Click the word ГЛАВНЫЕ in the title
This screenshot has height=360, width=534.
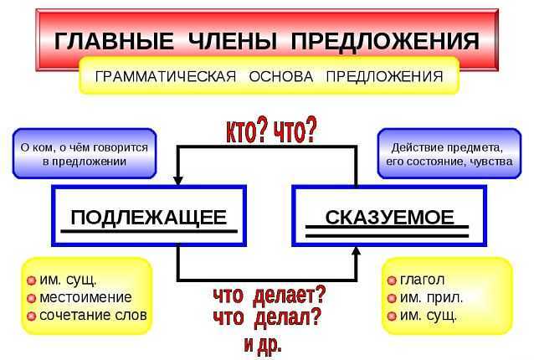coord(114,42)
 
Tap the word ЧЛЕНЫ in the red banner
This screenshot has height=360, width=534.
coord(232,42)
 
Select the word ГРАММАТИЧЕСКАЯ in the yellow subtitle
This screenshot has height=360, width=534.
coord(166,76)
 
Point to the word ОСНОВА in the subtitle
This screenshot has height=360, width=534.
coord(281,76)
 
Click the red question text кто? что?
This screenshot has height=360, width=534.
coord(271,131)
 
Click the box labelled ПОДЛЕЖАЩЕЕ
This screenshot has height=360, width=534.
coord(149,216)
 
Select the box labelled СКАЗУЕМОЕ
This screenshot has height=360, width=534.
coord(389,216)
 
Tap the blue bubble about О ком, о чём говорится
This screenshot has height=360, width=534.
coord(85,153)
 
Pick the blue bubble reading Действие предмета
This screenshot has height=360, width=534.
coord(449,153)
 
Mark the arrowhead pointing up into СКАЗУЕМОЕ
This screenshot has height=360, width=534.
coord(357,251)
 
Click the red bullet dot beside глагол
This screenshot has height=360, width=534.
coord(392,280)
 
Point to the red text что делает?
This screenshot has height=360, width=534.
coord(270,295)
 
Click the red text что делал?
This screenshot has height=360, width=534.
coord(267,318)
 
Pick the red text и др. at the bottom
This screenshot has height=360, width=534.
coord(263,346)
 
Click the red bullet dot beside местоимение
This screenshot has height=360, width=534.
coord(31,298)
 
